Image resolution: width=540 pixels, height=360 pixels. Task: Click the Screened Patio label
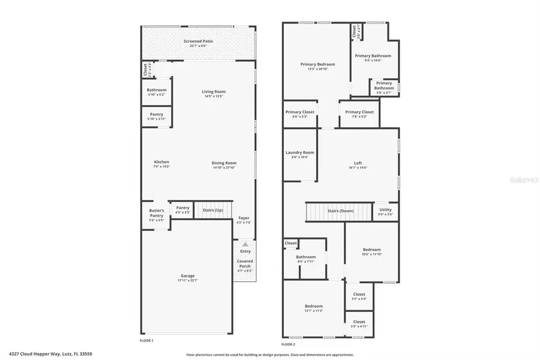[198, 41]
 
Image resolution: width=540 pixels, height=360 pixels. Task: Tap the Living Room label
[214, 92]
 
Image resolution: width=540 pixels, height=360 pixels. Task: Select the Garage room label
[188, 275]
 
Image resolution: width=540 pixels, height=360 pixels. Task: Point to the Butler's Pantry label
[157, 213]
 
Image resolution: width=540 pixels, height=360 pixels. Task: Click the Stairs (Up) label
[212, 210]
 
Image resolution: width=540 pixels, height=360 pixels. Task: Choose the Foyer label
[244, 218]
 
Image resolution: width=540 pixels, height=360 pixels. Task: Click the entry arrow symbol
[245, 244]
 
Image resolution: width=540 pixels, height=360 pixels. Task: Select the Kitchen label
[161, 162]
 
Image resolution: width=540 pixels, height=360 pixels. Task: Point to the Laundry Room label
[299, 152]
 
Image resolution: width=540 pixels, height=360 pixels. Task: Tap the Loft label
[358, 163]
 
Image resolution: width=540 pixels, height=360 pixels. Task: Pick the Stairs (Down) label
[340, 211]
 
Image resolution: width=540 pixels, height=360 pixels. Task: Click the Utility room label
[386, 210]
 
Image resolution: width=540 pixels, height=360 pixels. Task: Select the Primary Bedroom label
[317, 64]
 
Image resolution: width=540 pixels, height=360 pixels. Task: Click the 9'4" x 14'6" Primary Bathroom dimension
[368, 61]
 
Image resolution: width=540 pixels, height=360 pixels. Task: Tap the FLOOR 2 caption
[288, 344]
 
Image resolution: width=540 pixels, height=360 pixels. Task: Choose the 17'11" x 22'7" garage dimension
[188, 281]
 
